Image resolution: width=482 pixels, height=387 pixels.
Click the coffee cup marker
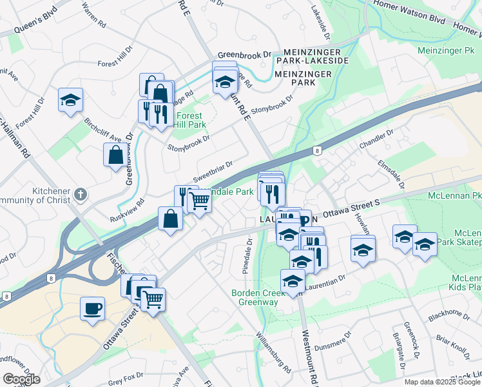coord(92,307)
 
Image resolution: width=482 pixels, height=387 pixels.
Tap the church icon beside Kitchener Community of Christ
coord(80,193)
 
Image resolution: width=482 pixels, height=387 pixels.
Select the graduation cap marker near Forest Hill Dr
coord(71,99)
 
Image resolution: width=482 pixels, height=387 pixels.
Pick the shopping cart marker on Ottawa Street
coord(153,299)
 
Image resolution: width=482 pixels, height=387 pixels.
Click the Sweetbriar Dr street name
coord(213,172)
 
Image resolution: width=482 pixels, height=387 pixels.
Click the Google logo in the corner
coord(21,379)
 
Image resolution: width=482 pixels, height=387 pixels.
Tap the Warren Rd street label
coord(94,16)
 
